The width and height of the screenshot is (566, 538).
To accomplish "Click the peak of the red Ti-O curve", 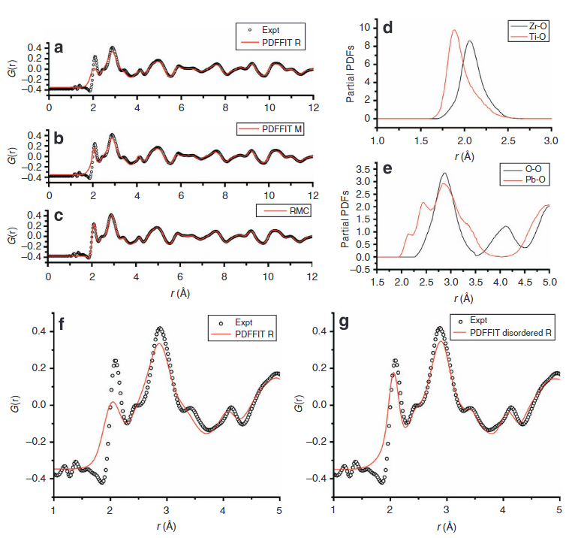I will click(454, 31).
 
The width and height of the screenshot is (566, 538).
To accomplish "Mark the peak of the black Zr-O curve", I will click(469, 41).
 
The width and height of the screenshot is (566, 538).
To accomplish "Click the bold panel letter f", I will click(62, 325).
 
